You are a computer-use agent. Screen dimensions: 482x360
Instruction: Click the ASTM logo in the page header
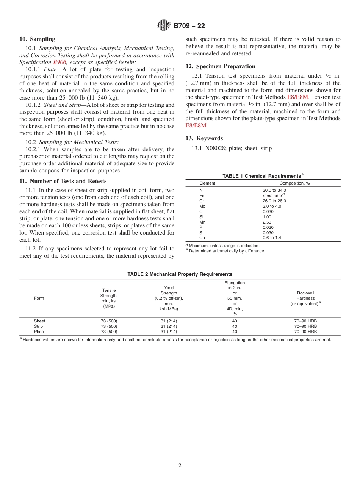point(164,26)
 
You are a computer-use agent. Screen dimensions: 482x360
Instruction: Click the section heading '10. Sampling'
point(37,39)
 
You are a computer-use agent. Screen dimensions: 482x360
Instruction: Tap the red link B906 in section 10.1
point(59,62)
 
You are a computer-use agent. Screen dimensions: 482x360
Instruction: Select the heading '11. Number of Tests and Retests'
point(63,181)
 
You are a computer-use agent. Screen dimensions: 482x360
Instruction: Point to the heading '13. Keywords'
point(204,138)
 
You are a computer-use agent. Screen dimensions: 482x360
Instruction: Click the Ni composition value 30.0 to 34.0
point(274,190)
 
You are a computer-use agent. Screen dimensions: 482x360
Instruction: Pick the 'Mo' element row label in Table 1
point(202,206)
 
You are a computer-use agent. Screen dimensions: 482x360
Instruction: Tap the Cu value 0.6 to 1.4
point(272,238)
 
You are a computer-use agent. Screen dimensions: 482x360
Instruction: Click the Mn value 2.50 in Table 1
point(267,222)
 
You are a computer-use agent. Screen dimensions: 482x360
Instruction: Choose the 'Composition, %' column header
point(294,183)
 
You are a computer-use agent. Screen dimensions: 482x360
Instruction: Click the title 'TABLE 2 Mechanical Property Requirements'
point(180,274)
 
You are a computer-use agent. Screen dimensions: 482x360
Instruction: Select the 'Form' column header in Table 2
point(39,298)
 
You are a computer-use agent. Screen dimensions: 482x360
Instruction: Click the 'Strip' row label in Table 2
point(38,326)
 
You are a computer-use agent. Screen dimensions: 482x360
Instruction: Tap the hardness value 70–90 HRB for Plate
point(305,332)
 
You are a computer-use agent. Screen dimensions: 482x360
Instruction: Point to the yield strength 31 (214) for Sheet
point(169,321)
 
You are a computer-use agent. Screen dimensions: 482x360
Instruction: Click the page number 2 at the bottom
point(180,466)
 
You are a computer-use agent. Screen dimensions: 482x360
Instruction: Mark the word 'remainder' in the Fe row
point(272,196)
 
